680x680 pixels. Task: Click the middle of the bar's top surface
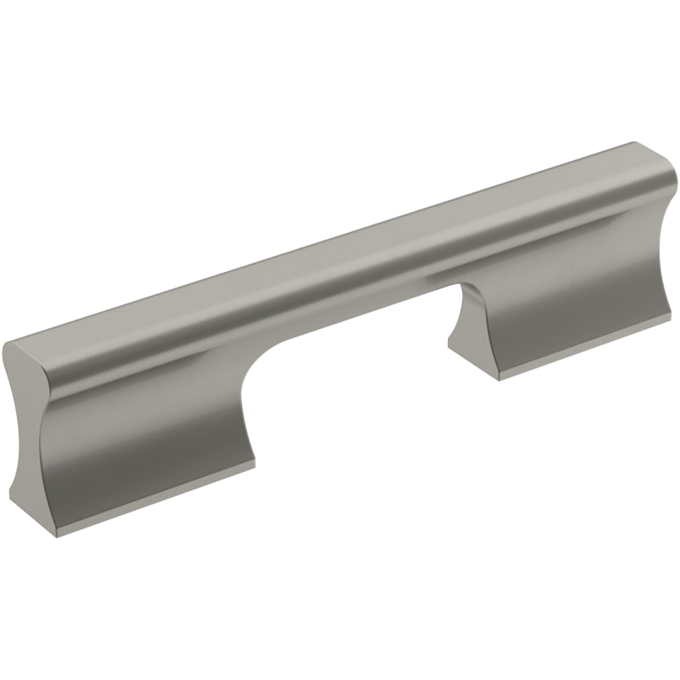point(340,255)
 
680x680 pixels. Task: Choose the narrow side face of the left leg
point(30,459)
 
